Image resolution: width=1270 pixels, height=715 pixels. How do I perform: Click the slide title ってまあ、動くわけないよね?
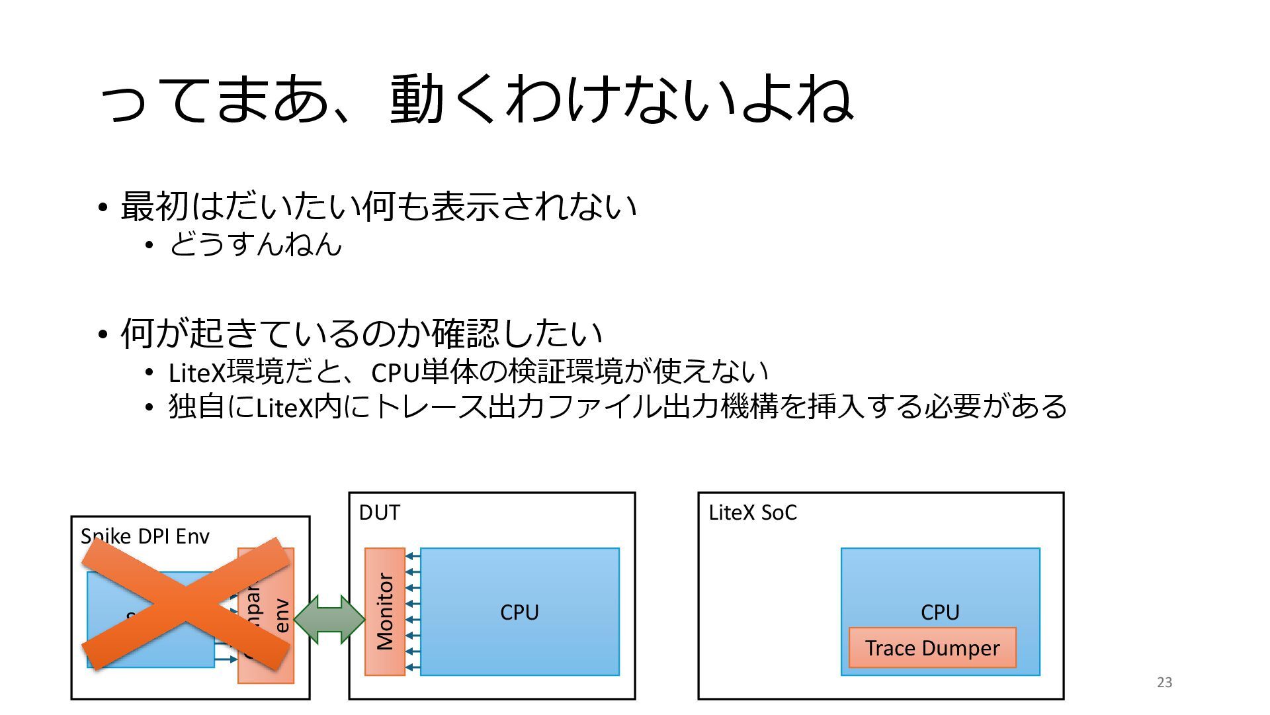(476, 99)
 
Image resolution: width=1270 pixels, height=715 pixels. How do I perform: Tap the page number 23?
(1164, 683)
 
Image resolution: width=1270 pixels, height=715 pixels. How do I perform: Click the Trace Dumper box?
(932, 648)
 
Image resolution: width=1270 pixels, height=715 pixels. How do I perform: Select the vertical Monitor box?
(385, 612)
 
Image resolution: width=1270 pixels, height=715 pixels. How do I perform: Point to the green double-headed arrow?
(329, 620)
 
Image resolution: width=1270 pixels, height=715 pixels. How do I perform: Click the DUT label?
(379, 512)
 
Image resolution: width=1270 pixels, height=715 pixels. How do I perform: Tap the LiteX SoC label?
(752, 512)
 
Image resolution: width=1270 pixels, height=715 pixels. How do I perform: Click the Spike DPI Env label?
(145, 536)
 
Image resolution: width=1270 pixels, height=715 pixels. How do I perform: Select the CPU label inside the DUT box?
(519, 612)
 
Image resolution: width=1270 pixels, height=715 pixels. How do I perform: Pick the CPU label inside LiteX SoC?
(940, 612)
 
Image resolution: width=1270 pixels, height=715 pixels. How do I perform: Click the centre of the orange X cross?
(186, 603)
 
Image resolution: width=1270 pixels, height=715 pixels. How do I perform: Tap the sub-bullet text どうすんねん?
(255, 245)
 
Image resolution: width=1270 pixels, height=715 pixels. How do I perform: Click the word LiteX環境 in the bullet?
(226, 372)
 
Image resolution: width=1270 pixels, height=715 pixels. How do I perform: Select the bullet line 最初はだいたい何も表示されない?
(378, 206)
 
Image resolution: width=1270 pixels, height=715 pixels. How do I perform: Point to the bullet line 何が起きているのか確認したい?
(361, 333)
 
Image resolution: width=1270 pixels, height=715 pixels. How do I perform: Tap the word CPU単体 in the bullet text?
(424, 372)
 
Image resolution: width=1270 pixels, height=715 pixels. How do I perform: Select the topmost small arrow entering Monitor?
(412, 556)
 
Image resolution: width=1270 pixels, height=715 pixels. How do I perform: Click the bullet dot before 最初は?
(102, 208)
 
